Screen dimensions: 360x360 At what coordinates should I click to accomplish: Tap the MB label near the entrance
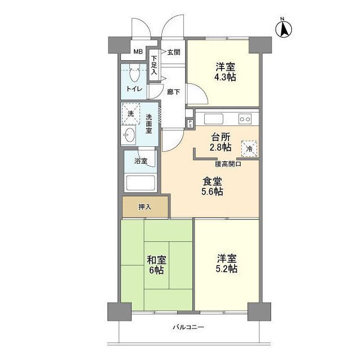tap(138, 53)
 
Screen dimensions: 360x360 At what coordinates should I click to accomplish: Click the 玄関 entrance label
tap(173, 52)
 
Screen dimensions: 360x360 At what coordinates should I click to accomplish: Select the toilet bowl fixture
tap(134, 74)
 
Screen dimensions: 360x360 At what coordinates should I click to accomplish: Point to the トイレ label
tap(134, 89)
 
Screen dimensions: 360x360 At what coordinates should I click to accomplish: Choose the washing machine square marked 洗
tap(130, 113)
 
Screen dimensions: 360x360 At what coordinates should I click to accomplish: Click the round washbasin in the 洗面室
tap(129, 136)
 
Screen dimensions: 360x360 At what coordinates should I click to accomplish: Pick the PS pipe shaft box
tap(190, 123)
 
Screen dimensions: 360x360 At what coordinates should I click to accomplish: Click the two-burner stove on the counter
tap(245, 119)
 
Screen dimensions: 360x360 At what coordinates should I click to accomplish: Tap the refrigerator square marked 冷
tap(250, 148)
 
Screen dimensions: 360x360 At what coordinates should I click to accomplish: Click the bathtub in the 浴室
tap(141, 183)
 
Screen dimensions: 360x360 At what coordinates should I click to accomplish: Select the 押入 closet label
tap(145, 207)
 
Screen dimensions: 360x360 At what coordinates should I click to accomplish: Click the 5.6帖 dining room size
tap(213, 192)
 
